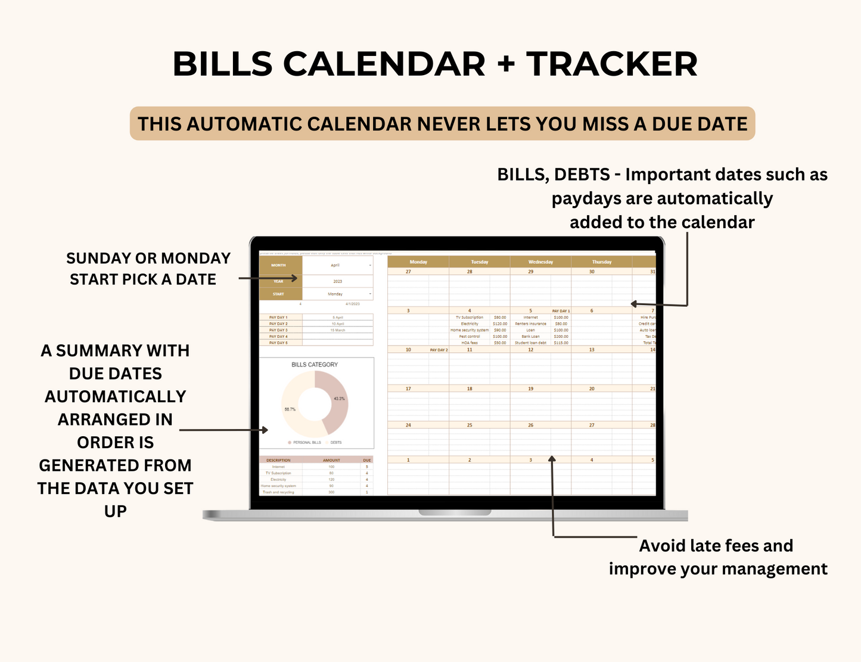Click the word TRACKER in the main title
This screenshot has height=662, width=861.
point(611,64)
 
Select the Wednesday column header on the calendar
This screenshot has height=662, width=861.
point(540,262)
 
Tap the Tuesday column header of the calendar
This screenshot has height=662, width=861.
point(479,262)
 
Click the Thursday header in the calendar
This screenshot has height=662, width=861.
point(601,262)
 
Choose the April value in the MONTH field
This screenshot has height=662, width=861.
point(335,265)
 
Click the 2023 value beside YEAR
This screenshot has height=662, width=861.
point(338,281)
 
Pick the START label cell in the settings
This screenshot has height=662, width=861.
point(278,294)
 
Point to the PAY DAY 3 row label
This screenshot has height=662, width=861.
point(278,330)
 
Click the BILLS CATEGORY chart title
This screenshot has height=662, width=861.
point(315,365)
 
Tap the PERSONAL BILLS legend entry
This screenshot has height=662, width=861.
point(306,443)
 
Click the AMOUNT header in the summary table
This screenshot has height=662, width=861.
point(331,461)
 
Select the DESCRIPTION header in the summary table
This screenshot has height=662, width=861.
point(278,461)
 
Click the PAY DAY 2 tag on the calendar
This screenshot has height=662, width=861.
point(439,350)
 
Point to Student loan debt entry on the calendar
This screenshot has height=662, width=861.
point(530,343)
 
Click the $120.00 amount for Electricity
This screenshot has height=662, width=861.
point(500,324)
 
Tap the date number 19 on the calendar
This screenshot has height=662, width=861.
point(530,389)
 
